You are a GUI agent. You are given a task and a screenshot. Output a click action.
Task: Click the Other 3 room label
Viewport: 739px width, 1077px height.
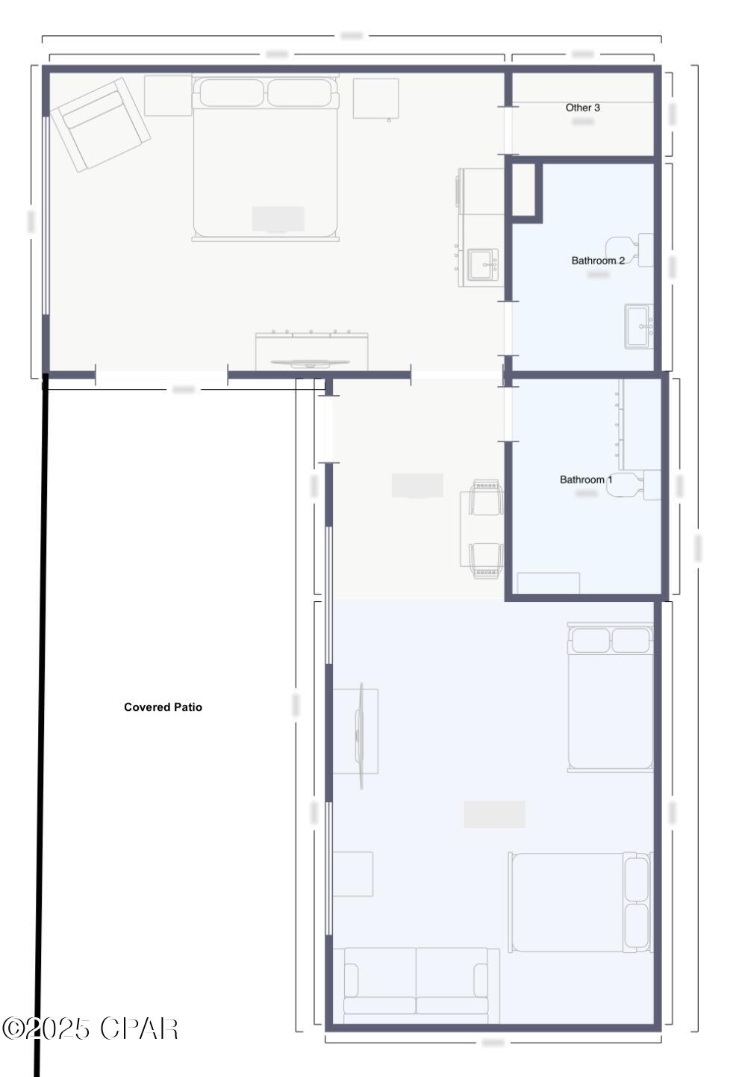[582, 108]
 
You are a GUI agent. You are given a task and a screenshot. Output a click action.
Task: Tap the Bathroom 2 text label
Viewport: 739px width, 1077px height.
[597, 261]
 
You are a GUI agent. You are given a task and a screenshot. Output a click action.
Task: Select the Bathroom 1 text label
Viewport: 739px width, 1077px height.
[586, 479]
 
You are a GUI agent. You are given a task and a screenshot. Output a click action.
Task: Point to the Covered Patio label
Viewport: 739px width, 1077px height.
[163, 707]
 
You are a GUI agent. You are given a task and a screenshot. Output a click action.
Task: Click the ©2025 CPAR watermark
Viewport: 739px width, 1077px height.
[90, 1029]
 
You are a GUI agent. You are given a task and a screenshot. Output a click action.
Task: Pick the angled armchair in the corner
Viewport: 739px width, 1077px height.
[100, 124]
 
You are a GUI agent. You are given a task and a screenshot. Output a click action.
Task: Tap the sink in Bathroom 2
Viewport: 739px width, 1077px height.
[639, 326]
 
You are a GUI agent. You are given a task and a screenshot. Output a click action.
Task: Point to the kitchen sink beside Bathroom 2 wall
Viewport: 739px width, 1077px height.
[482, 264]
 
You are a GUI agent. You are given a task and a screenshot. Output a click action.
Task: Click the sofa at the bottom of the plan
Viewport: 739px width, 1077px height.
[416, 986]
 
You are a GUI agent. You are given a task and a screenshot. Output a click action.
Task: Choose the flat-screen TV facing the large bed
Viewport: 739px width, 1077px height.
[310, 364]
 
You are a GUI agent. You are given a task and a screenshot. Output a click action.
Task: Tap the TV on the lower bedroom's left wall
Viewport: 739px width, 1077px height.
[360, 736]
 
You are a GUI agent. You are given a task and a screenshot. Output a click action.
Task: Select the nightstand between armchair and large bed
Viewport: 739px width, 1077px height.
[168, 96]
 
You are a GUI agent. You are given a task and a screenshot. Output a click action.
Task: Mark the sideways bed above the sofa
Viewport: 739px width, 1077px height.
[579, 902]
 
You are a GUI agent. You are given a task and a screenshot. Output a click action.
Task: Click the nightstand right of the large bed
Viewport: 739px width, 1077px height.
[375, 98]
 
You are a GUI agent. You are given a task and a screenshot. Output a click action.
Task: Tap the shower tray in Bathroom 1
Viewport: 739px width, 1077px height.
[549, 583]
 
